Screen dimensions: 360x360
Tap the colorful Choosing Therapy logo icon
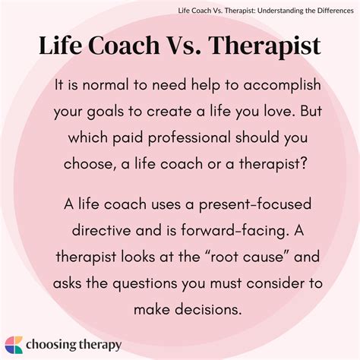click(x=14, y=343)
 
